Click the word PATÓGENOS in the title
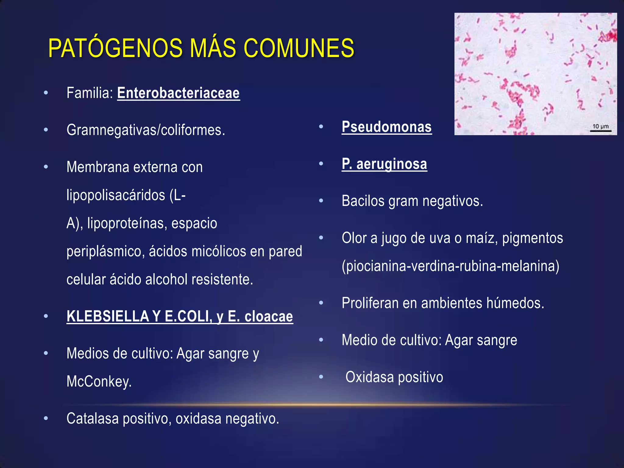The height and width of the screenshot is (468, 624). pyautogui.click(x=119, y=48)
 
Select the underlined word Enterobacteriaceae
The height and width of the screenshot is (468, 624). pyautogui.click(x=178, y=93)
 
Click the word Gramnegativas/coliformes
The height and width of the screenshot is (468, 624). pyautogui.click(x=146, y=130)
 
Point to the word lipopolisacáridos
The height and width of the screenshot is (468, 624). pyautogui.click(x=116, y=195)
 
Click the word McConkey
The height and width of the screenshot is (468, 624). pyautogui.click(x=99, y=381)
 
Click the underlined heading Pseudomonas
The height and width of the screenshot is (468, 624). pyautogui.click(x=386, y=127)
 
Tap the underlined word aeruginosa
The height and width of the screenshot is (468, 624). pyautogui.click(x=392, y=164)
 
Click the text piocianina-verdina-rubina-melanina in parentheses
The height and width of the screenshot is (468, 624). pyautogui.click(x=450, y=266)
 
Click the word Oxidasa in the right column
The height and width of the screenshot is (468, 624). pyautogui.click(x=370, y=377)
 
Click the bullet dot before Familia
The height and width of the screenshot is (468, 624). pyautogui.click(x=46, y=93)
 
